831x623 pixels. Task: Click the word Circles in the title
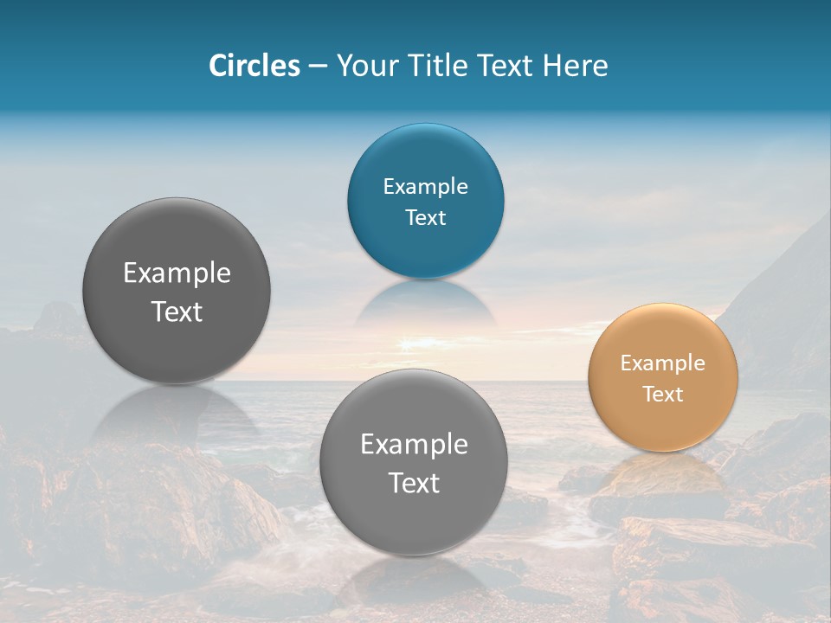tap(254, 66)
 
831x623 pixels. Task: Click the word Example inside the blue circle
tap(425, 187)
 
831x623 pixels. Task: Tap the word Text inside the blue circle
tap(425, 217)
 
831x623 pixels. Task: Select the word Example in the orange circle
tap(663, 363)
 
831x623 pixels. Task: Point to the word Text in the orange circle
tap(663, 394)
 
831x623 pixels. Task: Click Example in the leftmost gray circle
tap(177, 273)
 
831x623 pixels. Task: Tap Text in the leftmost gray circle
tap(177, 311)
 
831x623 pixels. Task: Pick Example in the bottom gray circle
tap(414, 445)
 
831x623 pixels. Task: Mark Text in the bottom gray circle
tap(414, 483)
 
